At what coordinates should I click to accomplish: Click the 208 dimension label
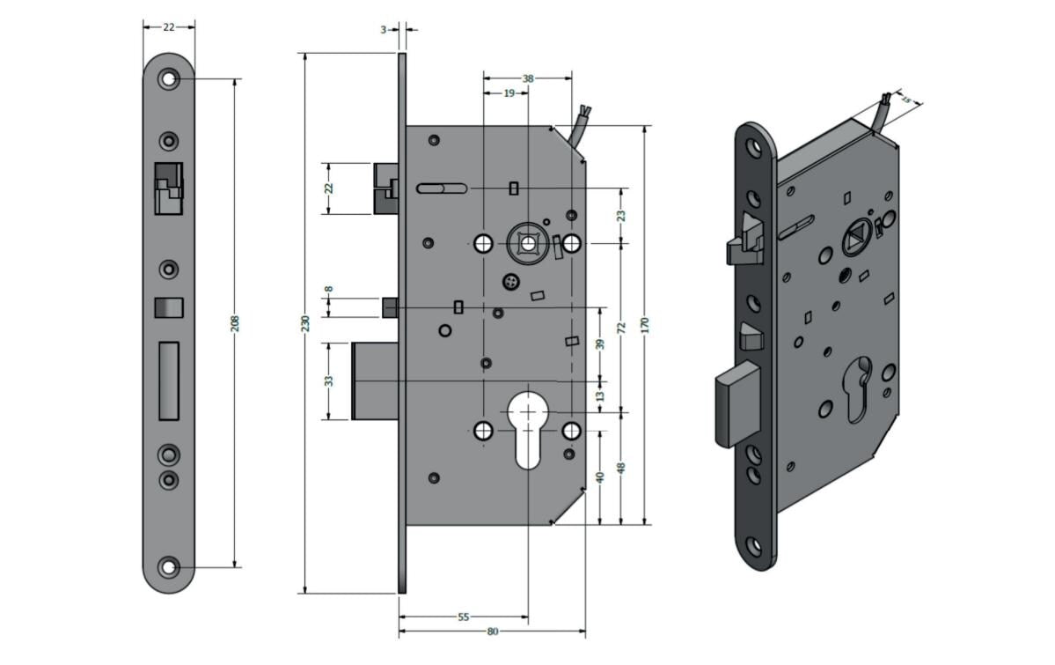click(x=235, y=323)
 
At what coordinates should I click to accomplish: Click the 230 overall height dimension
click(x=305, y=323)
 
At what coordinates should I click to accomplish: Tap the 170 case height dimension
click(x=645, y=325)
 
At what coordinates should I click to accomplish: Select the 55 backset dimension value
click(x=463, y=617)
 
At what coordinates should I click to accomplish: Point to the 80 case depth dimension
click(x=493, y=632)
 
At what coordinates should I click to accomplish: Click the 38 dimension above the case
click(x=528, y=78)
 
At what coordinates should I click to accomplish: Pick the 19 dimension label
click(x=509, y=92)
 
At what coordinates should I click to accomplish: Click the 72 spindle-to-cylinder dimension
click(x=622, y=328)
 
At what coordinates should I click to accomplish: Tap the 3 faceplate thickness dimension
click(x=384, y=30)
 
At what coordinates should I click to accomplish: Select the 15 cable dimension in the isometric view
click(x=905, y=100)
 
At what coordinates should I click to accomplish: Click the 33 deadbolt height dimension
click(x=329, y=381)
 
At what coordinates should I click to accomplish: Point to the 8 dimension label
click(x=329, y=289)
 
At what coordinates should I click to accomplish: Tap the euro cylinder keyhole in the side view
click(x=528, y=429)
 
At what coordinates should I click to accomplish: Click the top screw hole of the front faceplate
click(x=168, y=78)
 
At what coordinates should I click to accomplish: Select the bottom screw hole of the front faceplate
click(x=168, y=567)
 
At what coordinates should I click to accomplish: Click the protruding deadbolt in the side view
click(x=375, y=381)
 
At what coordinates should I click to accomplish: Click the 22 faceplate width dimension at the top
click(x=169, y=27)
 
